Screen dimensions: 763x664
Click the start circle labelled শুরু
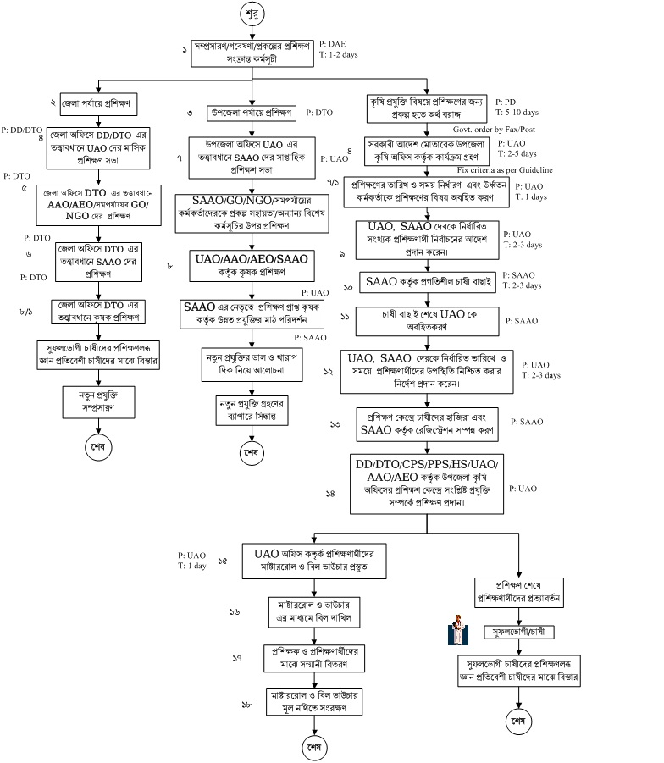pos(252,16)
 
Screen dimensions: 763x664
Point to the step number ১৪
pos(330,493)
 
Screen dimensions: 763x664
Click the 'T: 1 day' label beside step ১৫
pos(192,566)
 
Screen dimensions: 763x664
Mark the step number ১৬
pos(235,611)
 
